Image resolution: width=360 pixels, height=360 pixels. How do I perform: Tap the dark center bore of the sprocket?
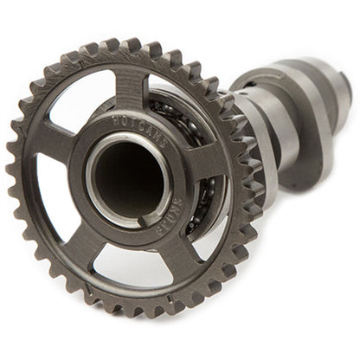click(x=127, y=172)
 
